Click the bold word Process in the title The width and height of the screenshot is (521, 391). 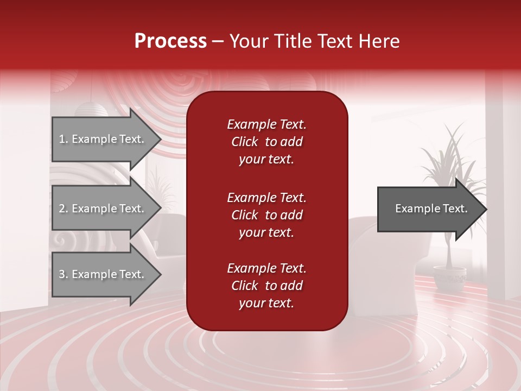coord(170,41)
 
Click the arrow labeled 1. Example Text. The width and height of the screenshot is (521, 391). coord(103,139)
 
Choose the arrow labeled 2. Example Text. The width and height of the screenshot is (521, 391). coord(103,209)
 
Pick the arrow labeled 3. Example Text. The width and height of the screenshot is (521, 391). coord(103,274)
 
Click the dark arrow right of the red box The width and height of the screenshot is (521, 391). coord(429,209)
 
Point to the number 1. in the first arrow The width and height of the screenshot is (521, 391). coord(63,139)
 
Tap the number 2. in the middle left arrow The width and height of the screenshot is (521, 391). coord(63,209)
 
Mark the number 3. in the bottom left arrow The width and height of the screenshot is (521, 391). coord(63,274)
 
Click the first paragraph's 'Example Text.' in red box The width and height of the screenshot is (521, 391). coord(266,124)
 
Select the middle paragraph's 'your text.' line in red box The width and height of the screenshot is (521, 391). coord(266,232)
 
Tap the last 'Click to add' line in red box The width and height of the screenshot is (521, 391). coord(266,286)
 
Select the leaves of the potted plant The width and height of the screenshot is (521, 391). coord(448,157)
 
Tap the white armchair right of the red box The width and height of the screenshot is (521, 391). coord(380,244)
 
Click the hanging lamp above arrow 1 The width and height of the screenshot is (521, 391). coord(92,108)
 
